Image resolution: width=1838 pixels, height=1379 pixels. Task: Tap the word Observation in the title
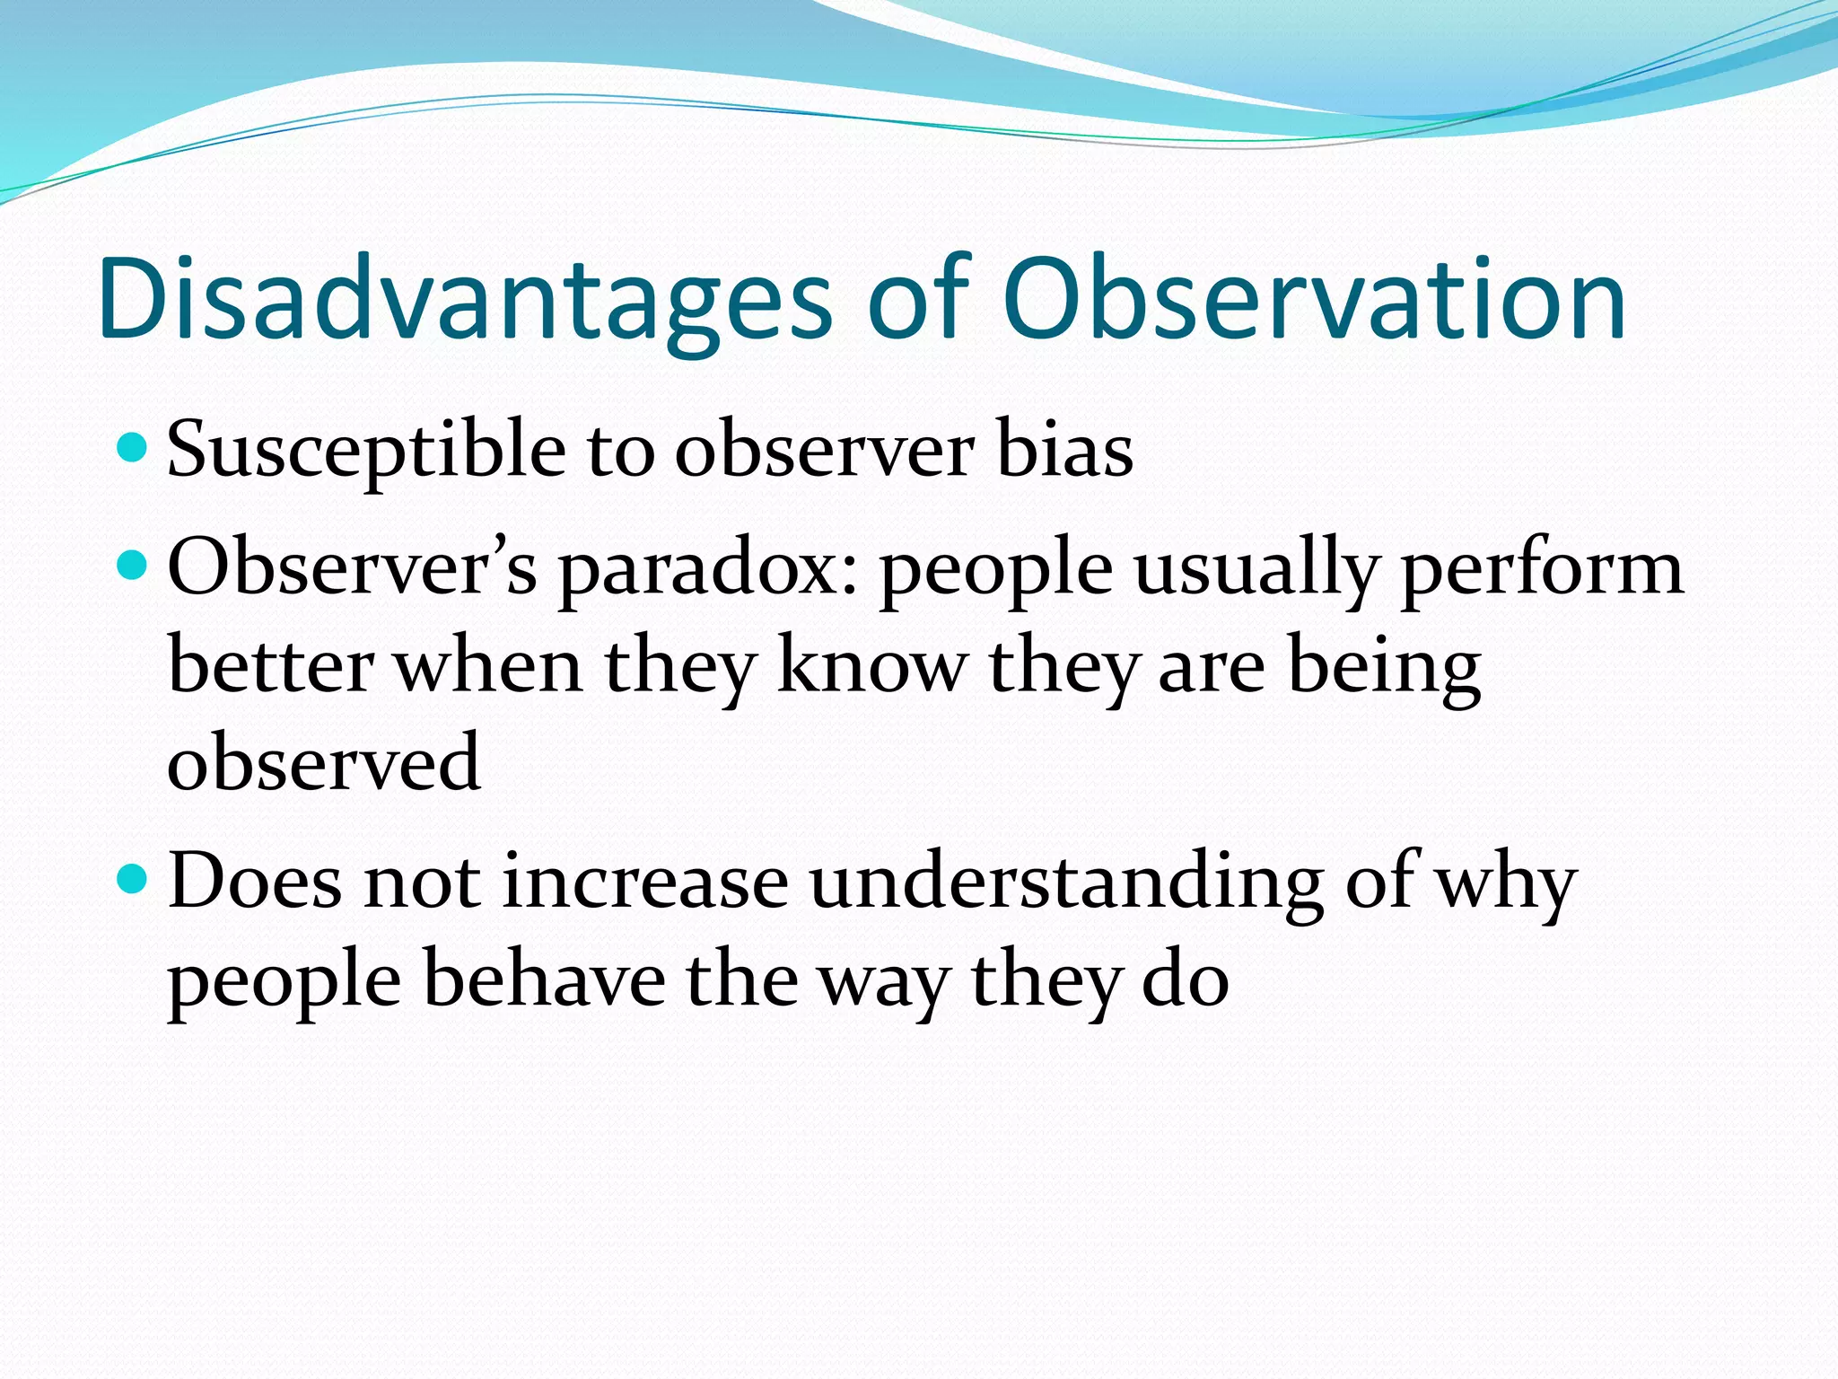pyautogui.click(x=1314, y=299)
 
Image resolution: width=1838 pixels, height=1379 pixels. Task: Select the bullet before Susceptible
pyautogui.click(x=132, y=446)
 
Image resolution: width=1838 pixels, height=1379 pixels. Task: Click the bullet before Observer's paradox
pyautogui.click(x=132, y=565)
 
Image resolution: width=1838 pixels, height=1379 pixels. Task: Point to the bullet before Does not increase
pyautogui.click(x=132, y=879)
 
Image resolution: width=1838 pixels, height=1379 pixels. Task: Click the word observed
pyautogui.click(x=324, y=762)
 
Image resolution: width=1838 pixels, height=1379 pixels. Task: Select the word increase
pyautogui.click(x=645, y=883)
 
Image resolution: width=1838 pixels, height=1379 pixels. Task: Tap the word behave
pyautogui.click(x=544, y=979)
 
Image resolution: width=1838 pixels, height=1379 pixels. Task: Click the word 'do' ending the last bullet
pyautogui.click(x=1185, y=979)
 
